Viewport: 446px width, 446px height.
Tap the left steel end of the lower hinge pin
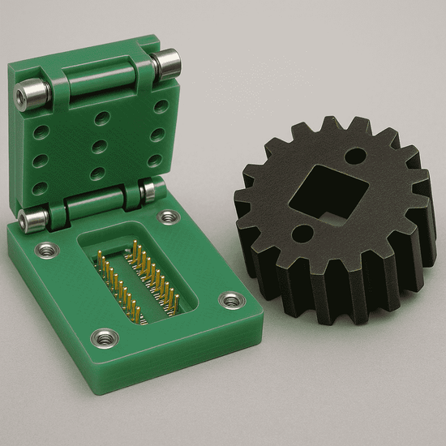(x=31, y=220)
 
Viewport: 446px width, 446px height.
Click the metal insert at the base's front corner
(x=104, y=337)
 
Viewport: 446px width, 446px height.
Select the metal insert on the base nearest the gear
(x=232, y=302)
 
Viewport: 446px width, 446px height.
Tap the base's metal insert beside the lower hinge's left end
(x=46, y=249)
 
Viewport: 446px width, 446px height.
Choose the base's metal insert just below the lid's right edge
(x=169, y=217)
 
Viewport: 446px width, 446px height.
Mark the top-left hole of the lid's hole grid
(x=41, y=130)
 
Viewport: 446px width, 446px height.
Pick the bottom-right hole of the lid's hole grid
(x=155, y=161)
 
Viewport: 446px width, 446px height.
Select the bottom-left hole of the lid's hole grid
(x=39, y=187)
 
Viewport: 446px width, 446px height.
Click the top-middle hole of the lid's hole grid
(x=102, y=118)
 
